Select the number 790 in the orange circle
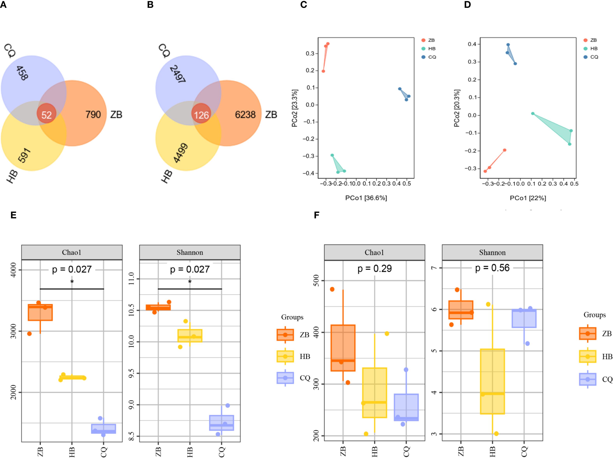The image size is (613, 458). pyautogui.click(x=93, y=114)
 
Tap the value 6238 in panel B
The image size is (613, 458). pyautogui.click(x=245, y=114)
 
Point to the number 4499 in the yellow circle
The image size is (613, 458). pyautogui.click(x=180, y=153)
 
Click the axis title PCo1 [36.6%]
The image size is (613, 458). pyautogui.click(x=366, y=198)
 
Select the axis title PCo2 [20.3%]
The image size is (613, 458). pyautogui.click(x=457, y=108)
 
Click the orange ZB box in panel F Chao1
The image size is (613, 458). pyautogui.click(x=343, y=348)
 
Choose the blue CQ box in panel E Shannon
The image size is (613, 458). pyautogui.click(x=221, y=423)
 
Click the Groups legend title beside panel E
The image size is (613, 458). pyautogui.click(x=292, y=317)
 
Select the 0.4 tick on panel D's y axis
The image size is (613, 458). pyautogui.click(x=472, y=44)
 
